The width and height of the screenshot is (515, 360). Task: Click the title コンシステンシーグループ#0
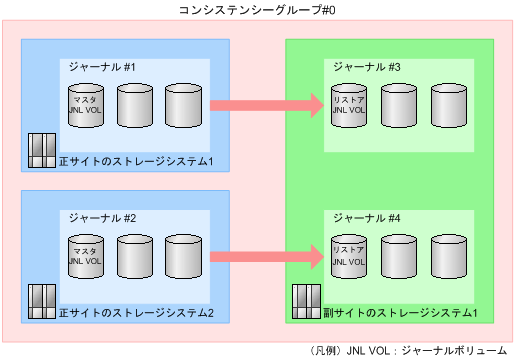tap(256, 11)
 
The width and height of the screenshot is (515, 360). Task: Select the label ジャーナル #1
tap(102, 66)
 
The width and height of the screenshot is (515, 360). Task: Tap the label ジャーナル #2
tap(102, 217)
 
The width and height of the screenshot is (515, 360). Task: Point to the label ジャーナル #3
tap(367, 66)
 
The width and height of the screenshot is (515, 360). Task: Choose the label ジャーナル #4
tap(367, 217)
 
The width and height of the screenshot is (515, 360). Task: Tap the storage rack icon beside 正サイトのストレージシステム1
tap(41, 150)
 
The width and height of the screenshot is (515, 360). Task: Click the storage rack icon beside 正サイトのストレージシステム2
tap(41, 302)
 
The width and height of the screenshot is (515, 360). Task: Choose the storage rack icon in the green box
tap(304, 302)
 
